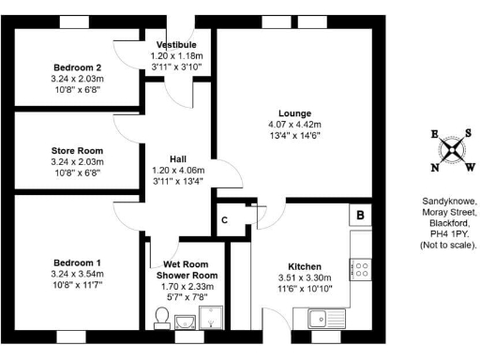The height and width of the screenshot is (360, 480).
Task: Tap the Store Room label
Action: tap(77, 150)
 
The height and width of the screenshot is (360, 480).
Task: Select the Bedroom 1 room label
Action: tap(77, 262)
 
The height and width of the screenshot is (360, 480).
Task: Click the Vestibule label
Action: tap(176, 45)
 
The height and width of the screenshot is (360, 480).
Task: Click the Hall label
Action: tap(176, 159)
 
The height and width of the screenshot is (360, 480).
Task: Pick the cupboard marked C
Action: tap(225, 220)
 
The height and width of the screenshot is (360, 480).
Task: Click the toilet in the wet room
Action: tap(160, 322)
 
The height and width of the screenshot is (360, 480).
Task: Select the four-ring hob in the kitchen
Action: tap(361, 270)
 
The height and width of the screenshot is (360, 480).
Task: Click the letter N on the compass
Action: tap(434, 168)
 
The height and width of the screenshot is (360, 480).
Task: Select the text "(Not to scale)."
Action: tap(449, 246)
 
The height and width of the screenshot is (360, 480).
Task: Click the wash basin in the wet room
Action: tap(187, 323)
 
